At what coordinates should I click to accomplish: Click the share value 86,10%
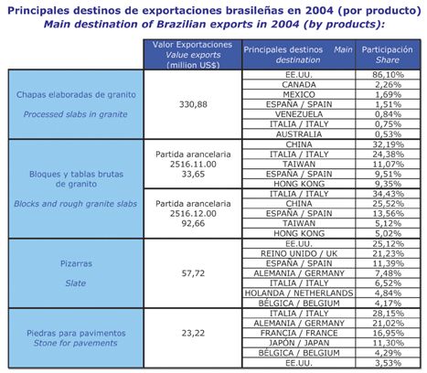[x=388, y=75]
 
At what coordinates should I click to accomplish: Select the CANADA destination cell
[x=299, y=85]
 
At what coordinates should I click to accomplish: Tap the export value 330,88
[x=193, y=104]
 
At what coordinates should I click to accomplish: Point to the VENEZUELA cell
[x=299, y=114]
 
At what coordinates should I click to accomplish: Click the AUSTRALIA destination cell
[x=299, y=134]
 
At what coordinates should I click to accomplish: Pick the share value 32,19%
[x=388, y=144]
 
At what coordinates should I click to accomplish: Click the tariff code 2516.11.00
[x=193, y=165]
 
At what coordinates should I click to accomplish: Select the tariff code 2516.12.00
[x=193, y=214]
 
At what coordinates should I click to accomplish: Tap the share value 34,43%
[x=388, y=194]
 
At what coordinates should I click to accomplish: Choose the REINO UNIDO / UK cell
[x=299, y=253]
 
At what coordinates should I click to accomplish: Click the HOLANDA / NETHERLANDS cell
[x=299, y=293]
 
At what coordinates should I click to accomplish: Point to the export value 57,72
[x=193, y=273]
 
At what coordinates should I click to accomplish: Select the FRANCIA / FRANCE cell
[x=299, y=333]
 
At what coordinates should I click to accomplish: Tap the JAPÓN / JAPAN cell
[x=299, y=343]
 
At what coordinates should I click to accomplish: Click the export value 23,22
[x=193, y=333]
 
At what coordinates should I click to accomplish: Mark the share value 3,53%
[x=388, y=363]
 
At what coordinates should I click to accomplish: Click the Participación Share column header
[x=388, y=55]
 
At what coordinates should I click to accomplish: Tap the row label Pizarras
[x=76, y=263]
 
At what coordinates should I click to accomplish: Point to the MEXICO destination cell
[x=299, y=94]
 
